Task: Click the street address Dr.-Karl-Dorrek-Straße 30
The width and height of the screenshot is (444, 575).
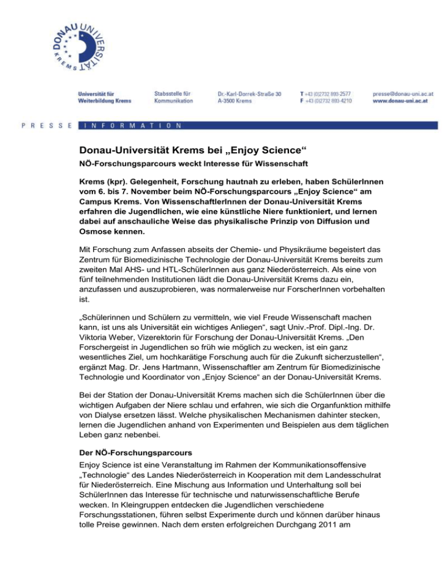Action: (249, 93)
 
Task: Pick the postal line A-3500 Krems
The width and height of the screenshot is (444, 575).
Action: (234, 100)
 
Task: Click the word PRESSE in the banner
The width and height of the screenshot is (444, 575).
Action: (46, 125)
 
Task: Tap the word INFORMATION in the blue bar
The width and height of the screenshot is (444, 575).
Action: (132, 125)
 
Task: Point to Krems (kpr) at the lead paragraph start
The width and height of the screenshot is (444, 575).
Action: (104, 183)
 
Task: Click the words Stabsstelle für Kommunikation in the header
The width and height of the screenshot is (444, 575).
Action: (175, 96)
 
